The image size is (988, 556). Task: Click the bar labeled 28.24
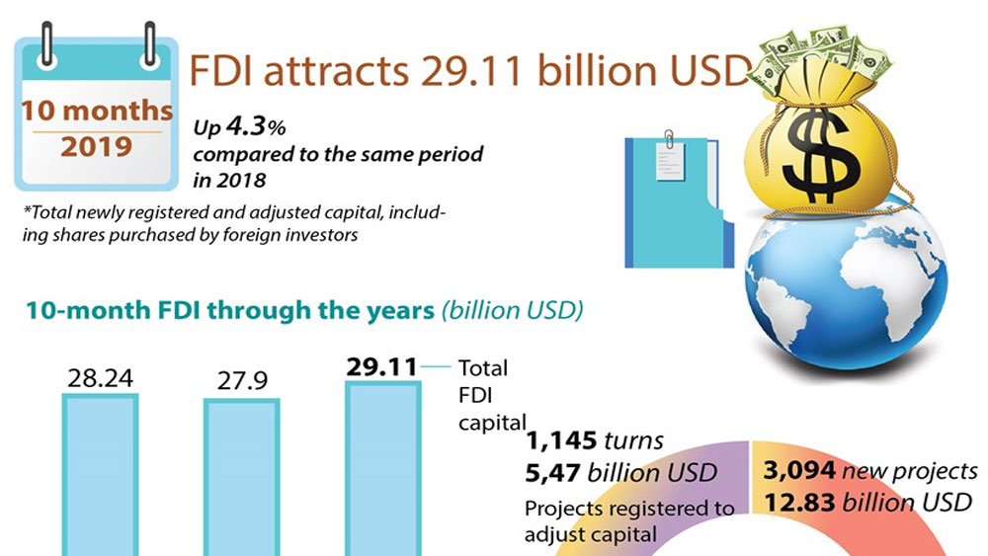click(101, 474)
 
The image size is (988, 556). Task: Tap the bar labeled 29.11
click(382, 469)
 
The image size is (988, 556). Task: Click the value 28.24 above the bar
click(101, 378)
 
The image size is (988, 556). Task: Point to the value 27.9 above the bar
click(241, 380)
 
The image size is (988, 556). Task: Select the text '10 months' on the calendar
click(97, 111)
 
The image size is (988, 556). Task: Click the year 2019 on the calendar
click(97, 148)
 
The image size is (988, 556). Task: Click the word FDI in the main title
click(225, 72)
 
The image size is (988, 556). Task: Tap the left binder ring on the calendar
click(47, 42)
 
